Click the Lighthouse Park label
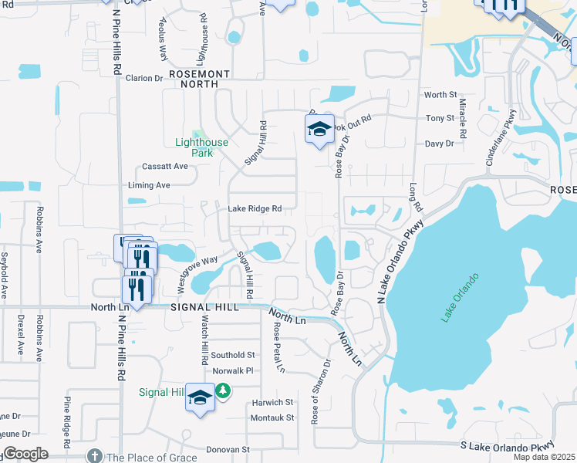tap(201, 147)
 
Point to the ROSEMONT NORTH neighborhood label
tap(200, 78)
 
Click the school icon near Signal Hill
tap(201, 397)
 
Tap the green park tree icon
tap(224, 392)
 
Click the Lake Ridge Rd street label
tap(254, 208)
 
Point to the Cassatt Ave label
tap(165, 166)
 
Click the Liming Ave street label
tap(151, 185)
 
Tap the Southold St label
tap(234, 355)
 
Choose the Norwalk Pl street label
tap(233, 370)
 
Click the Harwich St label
tap(273, 403)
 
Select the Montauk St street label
tap(272, 418)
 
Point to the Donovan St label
tap(228, 449)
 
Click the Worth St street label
tap(440, 95)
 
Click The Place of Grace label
tap(150, 457)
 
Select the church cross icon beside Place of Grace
tap(95, 457)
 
